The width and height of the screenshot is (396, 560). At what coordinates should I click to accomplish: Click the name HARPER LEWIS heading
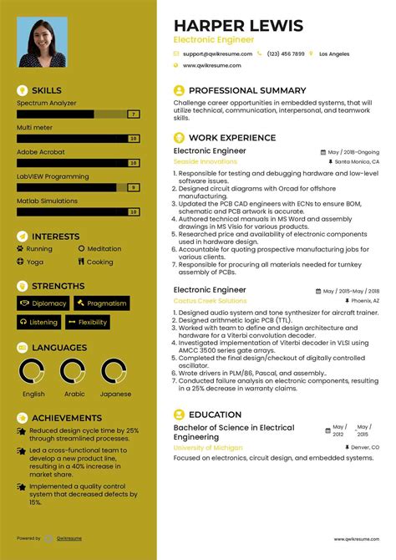pos(238,25)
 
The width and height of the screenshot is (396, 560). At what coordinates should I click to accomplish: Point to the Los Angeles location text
pos(334,53)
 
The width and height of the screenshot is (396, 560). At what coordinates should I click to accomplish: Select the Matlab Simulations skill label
pos(47,201)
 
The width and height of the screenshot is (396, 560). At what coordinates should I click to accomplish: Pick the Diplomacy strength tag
pos(43,303)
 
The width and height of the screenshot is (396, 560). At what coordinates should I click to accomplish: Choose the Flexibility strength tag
pos(88,322)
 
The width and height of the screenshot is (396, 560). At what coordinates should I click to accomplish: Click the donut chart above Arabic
pos(74,372)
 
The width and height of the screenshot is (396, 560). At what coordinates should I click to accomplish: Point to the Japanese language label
pos(114,394)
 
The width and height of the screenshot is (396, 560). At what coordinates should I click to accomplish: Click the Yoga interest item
pos(34,262)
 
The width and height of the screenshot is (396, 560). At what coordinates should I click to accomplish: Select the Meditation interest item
pos(104,248)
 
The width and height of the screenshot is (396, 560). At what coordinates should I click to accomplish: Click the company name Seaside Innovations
pos(205,161)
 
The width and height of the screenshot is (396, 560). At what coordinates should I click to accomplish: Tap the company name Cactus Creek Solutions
pos(210,300)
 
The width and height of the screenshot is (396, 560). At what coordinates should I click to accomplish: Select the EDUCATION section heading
pos(215,414)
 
